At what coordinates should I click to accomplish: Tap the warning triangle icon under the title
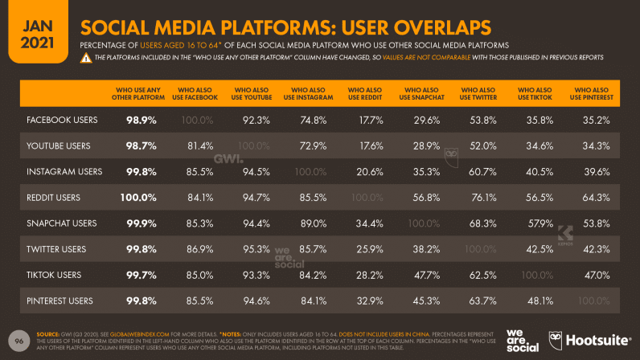tap(84, 58)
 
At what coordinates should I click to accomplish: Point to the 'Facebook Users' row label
tap(62, 121)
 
